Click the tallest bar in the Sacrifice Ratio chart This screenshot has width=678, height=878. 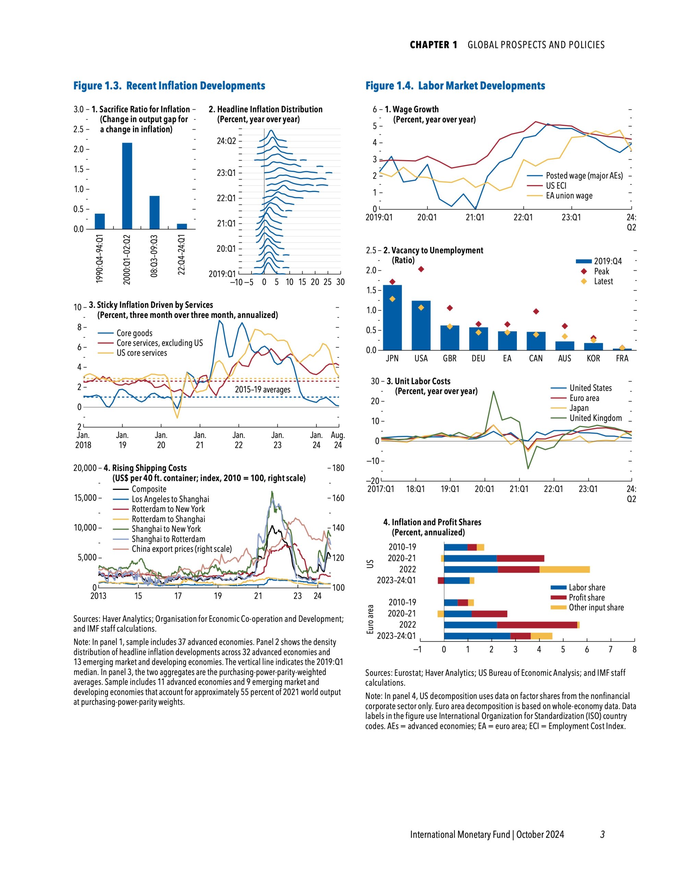click(x=127, y=186)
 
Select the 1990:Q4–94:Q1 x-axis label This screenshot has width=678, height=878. click(x=100, y=259)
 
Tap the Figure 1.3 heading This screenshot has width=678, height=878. click(x=169, y=86)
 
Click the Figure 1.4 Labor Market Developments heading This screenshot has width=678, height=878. click(x=455, y=86)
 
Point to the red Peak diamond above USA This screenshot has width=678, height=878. click(x=421, y=269)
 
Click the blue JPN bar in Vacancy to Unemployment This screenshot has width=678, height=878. click(x=392, y=318)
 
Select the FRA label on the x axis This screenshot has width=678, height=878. click(x=622, y=358)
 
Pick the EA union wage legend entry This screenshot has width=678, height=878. click(x=569, y=196)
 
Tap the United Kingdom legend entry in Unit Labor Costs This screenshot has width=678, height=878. click(x=595, y=418)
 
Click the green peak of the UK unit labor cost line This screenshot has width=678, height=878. click(x=493, y=392)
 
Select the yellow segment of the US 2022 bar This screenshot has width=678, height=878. click(x=564, y=569)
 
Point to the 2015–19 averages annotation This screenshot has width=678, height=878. click(x=263, y=390)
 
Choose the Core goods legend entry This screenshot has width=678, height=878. click(x=134, y=333)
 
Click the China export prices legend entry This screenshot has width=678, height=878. click(x=182, y=549)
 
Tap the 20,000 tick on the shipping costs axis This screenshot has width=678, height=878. click(x=85, y=468)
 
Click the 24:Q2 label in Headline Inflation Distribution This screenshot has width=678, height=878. click(x=226, y=141)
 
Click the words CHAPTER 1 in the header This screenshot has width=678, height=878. click(x=433, y=45)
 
